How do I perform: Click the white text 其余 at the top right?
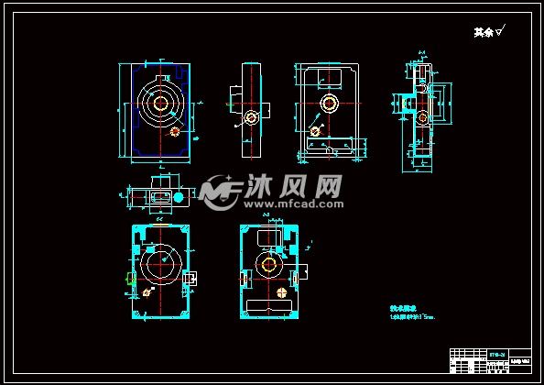pyautogui.click(x=483, y=32)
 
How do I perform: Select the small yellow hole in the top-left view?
pyautogui.click(x=175, y=130)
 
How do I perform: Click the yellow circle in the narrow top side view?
pyautogui.click(x=250, y=117)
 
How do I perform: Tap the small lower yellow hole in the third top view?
pyautogui.click(x=315, y=131)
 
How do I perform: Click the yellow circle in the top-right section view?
pyautogui.click(x=420, y=118)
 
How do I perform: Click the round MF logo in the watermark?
pyautogui.click(x=220, y=192)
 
